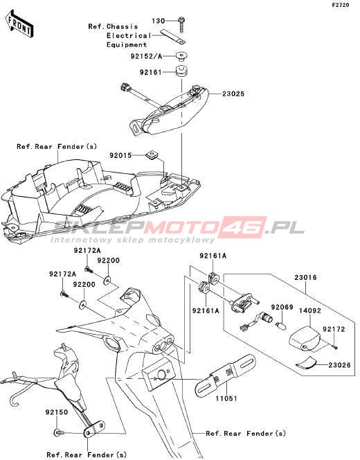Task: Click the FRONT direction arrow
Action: click(19, 24)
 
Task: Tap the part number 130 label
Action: click(158, 21)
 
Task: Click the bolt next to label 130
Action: click(182, 25)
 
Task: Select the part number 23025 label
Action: click(233, 94)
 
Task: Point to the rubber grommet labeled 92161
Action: click(181, 72)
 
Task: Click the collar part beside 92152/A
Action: click(181, 56)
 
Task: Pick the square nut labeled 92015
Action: click(152, 154)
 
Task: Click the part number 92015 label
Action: click(120, 155)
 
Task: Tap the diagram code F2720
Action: click(341, 5)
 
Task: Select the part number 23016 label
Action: click(305, 277)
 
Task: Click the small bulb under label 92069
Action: click(280, 326)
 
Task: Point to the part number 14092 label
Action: click(310, 310)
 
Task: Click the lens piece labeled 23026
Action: click(307, 363)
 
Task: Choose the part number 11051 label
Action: click(226, 398)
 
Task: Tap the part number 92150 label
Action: click(57, 412)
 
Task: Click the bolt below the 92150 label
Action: click(59, 432)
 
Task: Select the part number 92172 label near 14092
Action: click(334, 329)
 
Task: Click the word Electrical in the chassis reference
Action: click(129, 36)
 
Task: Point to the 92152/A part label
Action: click(146, 56)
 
